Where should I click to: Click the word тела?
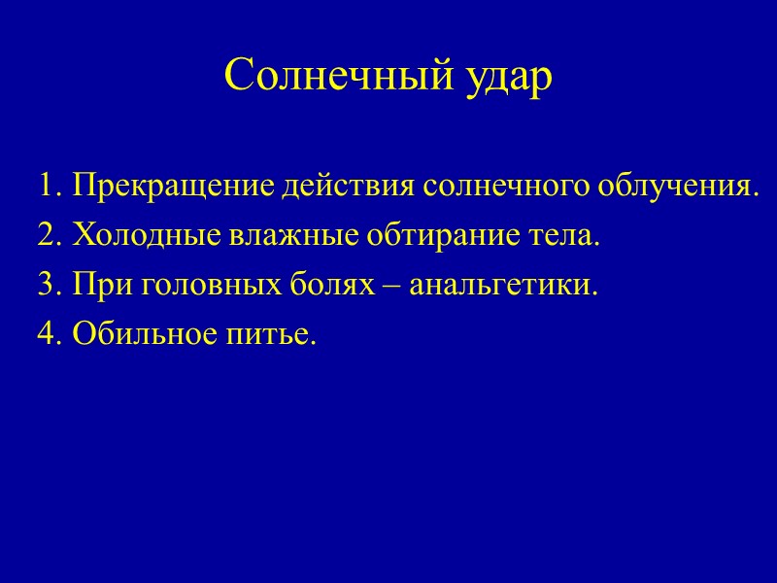560,235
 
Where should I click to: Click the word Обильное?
142,336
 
